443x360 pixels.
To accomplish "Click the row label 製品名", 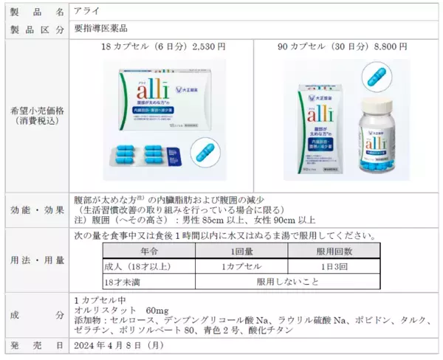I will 35,11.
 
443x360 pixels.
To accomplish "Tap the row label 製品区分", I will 35,29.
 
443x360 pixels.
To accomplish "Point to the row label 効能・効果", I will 35,208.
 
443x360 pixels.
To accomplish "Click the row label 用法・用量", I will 35,260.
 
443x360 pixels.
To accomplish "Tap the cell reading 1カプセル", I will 233,266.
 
